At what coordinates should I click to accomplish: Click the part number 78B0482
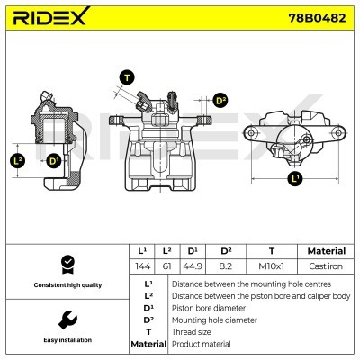(x=319, y=17)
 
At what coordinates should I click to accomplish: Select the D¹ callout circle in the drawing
(x=55, y=161)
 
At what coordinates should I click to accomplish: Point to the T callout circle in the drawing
(x=126, y=77)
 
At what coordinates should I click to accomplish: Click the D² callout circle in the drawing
(x=221, y=101)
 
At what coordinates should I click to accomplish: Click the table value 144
(x=142, y=267)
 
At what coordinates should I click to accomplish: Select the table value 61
(x=166, y=267)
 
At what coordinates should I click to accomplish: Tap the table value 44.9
(x=193, y=267)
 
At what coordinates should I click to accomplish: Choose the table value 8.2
(x=226, y=267)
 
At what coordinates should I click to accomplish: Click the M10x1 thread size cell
(x=271, y=267)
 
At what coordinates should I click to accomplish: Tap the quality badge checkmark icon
(x=66, y=263)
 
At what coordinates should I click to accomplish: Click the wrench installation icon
(x=66, y=319)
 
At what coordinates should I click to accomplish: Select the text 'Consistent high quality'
(x=66, y=284)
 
